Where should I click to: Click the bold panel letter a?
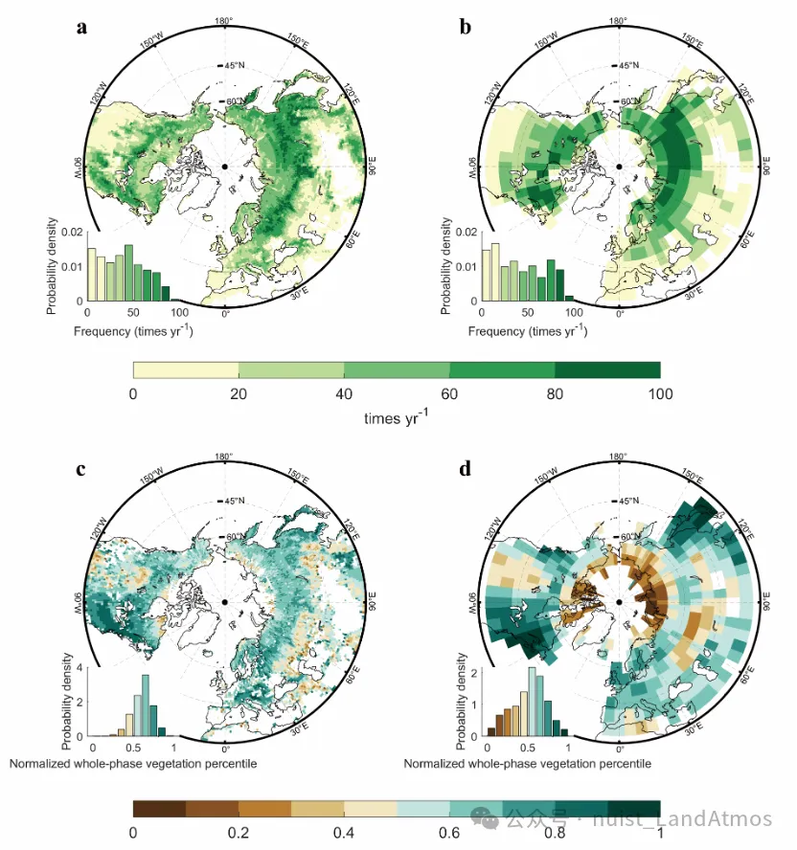click(82, 27)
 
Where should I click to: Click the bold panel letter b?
click(466, 27)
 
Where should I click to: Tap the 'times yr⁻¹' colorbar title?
click(397, 418)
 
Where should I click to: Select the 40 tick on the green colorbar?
click(344, 394)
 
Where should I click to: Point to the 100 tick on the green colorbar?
click(660, 394)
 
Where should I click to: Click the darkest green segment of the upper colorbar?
click(607, 369)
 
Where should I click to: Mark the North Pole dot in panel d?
click(619, 601)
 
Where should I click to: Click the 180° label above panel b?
click(618, 21)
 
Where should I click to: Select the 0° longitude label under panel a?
click(226, 313)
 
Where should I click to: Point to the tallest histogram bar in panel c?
click(146, 705)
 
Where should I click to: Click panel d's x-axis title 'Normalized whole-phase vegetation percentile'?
click(528, 764)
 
